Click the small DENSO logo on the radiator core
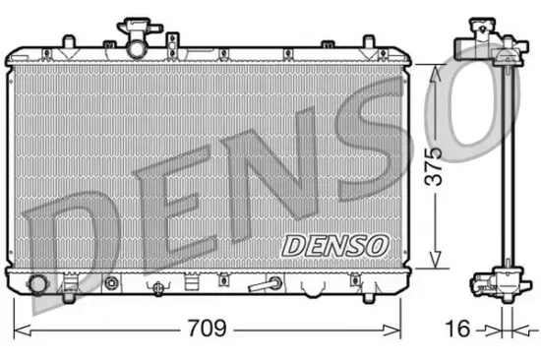tap(336, 243)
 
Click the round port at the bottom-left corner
tap(38, 284)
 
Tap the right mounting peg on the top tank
tap(370, 42)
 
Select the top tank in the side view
tap(484, 44)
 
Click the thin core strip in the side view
tap(503, 167)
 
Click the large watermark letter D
tap(69, 236)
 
